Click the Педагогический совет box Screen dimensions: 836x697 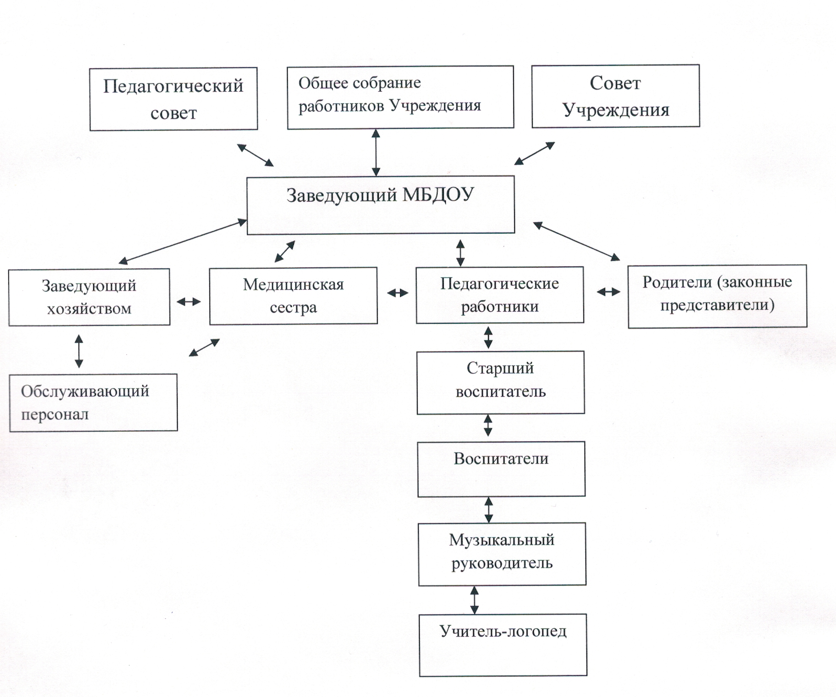pyautogui.click(x=173, y=99)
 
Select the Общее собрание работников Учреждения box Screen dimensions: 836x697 pyautogui.click(x=400, y=97)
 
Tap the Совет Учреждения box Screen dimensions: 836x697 pyautogui.click(x=616, y=96)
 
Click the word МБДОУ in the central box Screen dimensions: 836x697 pyautogui.click(x=438, y=195)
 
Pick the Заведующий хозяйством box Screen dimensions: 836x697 pyautogui.click(x=89, y=297)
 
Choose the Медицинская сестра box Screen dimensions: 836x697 pyautogui.click(x=293, y=296)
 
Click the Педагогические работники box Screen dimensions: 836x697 pyautogui.click(x=500, y=295)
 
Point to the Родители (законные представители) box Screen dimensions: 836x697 pyautogui.click(x=718, y=297)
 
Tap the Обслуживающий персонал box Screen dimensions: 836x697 pyautogui.click(x=93, y=402)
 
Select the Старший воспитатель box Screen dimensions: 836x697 pyautogui.click(x=501, y=383)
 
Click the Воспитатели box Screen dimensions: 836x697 pyautogui.click(x=501, y=469)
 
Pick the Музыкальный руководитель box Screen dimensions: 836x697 pyautogui.click(x=502, y=554)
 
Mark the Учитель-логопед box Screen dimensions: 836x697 pyautogui.click(x=503, y=645)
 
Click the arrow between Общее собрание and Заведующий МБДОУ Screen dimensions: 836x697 pyautogui.click(x=376, y=153)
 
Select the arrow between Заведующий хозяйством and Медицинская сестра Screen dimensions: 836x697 pyautogui.click(x=189, y=302)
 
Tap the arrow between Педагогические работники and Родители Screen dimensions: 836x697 pyautogui.click(x=609, y=292)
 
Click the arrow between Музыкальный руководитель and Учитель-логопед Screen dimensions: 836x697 pyautogui.click(x=475, y=600)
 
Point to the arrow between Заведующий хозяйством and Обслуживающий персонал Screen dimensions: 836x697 pyautogui.click(x=79, y=351)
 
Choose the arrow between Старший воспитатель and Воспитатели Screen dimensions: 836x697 pyautogui.click(x=488, y=425)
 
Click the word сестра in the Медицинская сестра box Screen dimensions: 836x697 pyautogui.click(x=293, y=308)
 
